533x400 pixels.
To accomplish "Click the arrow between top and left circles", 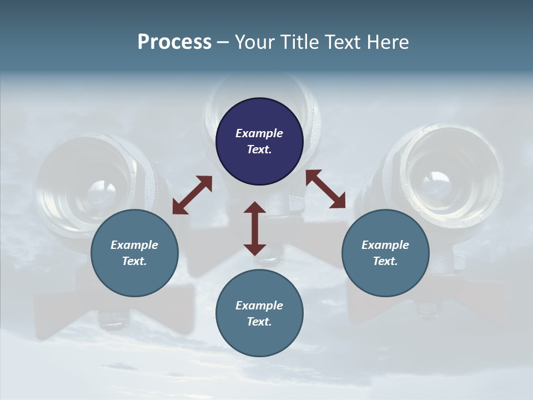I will (192, 195).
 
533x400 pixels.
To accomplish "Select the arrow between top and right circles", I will (326, 189).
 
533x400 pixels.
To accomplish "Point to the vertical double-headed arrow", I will (255, 228).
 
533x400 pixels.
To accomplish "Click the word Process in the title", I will (174, 42).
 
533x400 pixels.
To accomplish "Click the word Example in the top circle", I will (259, 133).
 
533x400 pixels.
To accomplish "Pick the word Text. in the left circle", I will (134, 261).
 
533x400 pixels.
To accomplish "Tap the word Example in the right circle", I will (385, 245).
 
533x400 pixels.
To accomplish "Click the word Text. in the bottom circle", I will (259, 322).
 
